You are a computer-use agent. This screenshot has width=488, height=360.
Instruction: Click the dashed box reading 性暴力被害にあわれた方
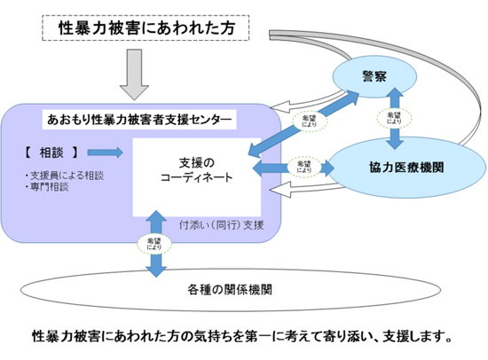tap(146, 28)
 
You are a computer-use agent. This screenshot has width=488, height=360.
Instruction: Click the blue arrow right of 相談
tap(106, 151)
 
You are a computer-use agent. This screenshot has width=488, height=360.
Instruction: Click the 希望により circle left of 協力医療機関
tap(303, 166)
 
